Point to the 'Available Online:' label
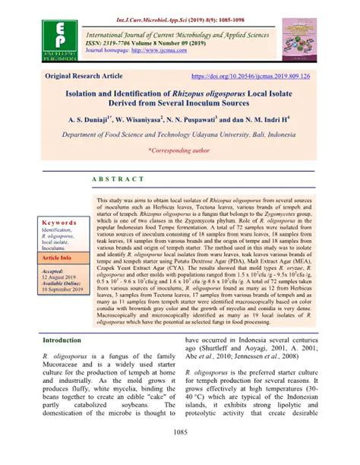[65, 283]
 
